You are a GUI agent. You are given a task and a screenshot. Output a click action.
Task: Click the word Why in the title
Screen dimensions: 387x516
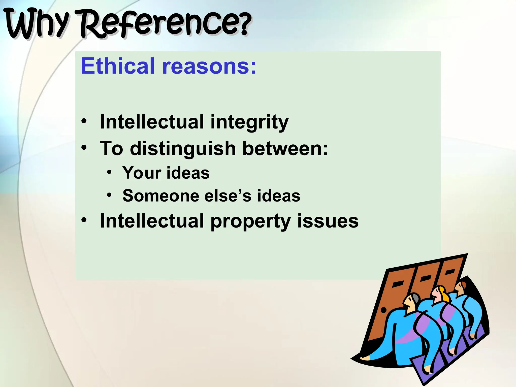[x=37, y=24]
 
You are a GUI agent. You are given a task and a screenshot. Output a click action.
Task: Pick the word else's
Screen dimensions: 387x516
[x=228, y=196]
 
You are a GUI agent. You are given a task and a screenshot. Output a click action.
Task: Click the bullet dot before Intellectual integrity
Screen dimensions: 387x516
[x=84, y=121]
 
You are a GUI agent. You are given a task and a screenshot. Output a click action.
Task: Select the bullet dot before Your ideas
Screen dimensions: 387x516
[x=109, y=172]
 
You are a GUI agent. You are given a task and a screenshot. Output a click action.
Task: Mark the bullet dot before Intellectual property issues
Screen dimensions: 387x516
[x=84, y=220]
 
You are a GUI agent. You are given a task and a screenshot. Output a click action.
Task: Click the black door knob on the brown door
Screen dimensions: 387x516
[x=383, y=310]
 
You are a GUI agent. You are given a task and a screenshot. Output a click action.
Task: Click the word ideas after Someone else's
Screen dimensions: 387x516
[x=279, y=196]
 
